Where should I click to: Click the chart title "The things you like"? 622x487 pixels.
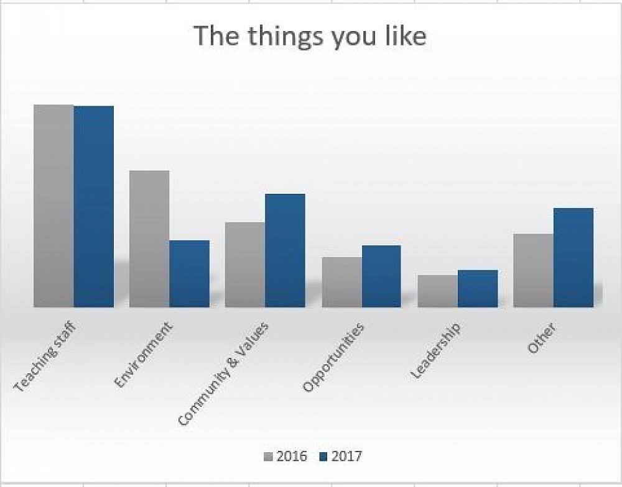pyautogui.click(x=310, y=36)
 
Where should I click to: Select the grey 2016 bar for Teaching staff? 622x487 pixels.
pyautogui.click(x=53, y=206)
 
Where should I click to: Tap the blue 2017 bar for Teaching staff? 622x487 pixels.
pyautogui.click(x=94, y=206)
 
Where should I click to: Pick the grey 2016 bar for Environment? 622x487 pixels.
pyautogui.click(x=149, y=239)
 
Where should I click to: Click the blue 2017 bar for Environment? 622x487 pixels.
pyautogui.click(x=190, y=273)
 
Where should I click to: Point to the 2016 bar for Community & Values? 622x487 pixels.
pyautogui.click(x=245, y=264)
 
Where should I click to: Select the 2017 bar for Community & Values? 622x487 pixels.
pyautogui.click(x=285, y=250)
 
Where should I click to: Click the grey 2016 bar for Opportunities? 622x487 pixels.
pyautogui.click(x=341, y=282)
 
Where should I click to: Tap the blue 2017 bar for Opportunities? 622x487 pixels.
pyautogui.click(x=382, y=276)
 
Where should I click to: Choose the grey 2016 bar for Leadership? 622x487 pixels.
pyautogui.click(x=437, y=291)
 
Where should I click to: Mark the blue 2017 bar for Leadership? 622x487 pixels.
pyautogui.click(x=478, y=288)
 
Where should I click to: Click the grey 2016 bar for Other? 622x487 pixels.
pyautogui.click(x=534, y=270)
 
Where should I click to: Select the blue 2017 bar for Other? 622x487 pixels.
pyautogui.click(x=573, y=257)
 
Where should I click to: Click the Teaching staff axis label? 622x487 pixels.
pyautogui.click(x=45, y=357)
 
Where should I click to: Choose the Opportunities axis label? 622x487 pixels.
pyautogui.click(x=333, y=358)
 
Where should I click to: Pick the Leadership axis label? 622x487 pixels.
pyautogui.click(x=436, y=351)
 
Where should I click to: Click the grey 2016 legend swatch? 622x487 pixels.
pyautogui.click(x=269, y=457)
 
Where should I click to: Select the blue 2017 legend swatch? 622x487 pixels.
pyautogui.click(x=323, y=457)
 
